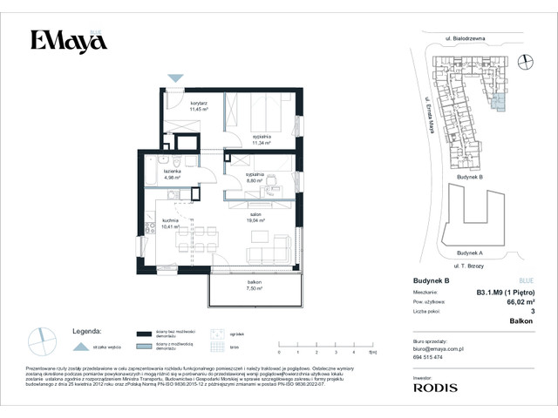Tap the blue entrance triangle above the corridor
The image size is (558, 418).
pos(175,78)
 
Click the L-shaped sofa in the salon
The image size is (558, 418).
pos(269,250)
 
